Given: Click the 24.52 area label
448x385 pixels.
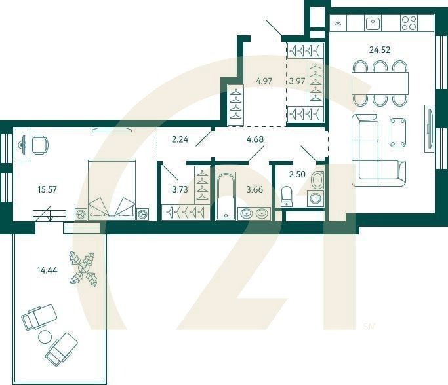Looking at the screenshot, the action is tap(379, 50).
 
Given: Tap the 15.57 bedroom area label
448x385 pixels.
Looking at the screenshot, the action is tap(47, 189).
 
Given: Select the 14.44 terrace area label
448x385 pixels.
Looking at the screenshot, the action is tap(47, 270).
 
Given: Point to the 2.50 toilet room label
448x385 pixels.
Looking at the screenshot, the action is tap(297, 174).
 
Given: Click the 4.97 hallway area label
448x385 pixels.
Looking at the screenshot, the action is tap(264, 81).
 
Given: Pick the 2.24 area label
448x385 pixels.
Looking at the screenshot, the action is tap(180, 139).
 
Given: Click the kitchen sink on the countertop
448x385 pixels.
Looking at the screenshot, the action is tap(373, 23).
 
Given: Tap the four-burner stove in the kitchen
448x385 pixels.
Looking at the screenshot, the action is tap(409, 23).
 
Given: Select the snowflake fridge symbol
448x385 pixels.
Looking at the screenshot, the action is tap(338, 24).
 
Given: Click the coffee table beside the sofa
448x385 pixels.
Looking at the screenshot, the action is tap(398, 133).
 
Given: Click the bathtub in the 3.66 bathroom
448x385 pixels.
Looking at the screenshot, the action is tap(226, 196).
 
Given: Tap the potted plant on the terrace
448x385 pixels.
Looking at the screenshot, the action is tap(84, 268).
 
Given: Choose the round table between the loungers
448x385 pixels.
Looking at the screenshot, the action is tap(45, 337).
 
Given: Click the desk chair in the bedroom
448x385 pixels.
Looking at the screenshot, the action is tap(40, 145).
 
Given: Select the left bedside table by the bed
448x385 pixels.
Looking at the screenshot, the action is tap(81, 214).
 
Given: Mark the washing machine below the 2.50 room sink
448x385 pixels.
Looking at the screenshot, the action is tap(315, 198).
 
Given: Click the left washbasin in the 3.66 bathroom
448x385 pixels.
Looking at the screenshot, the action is tap(245, 213).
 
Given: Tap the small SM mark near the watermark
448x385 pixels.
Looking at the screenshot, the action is tap(370, 326).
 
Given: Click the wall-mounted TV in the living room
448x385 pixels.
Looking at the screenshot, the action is tap(429, 128).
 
